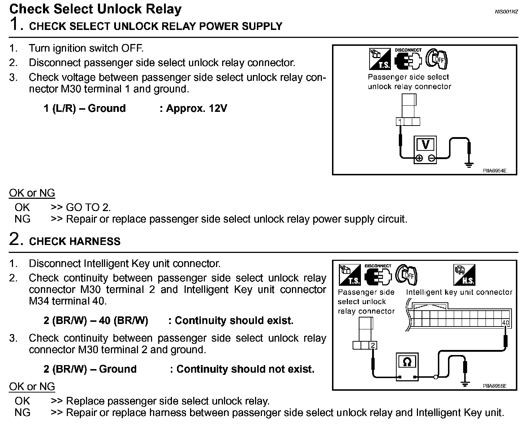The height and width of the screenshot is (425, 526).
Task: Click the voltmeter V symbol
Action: [x=426, y=145]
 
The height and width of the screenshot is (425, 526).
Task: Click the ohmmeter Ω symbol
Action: [x=407, y=362]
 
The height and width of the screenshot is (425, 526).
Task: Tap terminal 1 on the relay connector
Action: [x=400, y=122]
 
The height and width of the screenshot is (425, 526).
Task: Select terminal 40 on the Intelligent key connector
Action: [x=505, y=322]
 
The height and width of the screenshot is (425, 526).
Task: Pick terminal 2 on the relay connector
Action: [x=373, y=345]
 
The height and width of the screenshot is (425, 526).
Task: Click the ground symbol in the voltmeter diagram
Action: [x=469, y=165]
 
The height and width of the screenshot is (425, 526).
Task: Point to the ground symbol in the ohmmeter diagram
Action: [x=465, y=384]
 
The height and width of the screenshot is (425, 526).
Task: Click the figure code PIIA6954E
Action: [x=495, y=171]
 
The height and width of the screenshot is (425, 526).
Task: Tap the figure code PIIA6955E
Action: [x=495, y=386]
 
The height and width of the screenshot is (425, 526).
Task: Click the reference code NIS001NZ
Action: [x=506, y=12]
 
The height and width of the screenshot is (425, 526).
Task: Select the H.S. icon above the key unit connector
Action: [x=464, y=275]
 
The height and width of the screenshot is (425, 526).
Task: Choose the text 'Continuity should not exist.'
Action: [x=245, y=369]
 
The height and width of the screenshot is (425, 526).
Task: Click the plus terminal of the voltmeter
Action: [x=419, y=158]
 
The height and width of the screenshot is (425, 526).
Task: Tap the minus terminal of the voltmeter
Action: [x=431, y=158]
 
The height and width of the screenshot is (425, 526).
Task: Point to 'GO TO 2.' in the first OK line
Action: [x=88, y=207]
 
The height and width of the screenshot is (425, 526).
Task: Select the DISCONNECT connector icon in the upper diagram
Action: [x=408, y=60]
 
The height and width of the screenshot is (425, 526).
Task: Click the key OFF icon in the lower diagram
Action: [x=406, y=275]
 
